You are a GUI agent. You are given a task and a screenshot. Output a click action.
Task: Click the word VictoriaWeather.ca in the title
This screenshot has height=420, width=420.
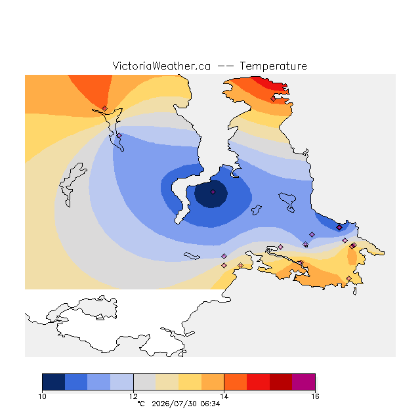click(161, 66)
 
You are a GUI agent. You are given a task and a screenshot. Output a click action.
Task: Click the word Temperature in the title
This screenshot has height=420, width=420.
click(273, 66)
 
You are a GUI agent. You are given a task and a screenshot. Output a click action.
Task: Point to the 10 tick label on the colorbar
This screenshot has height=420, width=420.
click(42, 396)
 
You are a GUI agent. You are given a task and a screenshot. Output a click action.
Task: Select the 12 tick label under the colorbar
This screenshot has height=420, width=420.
click(133, 396)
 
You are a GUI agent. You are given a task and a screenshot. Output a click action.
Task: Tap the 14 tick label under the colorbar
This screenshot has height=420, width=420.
click(224, 396)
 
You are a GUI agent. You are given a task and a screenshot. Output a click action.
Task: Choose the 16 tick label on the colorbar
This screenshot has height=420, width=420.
click(315, 396)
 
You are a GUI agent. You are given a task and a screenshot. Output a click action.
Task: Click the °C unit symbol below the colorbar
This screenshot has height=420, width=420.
click(141, 404)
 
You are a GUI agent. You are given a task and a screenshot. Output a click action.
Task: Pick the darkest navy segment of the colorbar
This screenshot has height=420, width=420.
click(54, 382)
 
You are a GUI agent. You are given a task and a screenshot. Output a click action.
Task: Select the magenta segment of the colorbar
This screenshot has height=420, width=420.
click(303, 382)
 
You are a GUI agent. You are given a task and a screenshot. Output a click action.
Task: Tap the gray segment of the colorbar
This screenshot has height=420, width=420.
click(144, 382)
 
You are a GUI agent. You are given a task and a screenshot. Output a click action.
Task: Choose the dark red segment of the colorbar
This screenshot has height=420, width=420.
click(281, 382)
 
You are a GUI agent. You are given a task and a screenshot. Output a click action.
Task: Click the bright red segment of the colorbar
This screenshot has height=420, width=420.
click(258, 382)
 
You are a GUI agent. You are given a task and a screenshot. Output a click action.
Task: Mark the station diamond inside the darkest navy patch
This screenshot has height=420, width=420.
click(213, 192)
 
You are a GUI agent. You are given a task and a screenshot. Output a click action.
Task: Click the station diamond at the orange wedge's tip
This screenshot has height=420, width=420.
click(104, 108)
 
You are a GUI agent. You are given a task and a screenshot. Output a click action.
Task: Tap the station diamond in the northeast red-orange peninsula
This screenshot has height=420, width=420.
click(273, 98)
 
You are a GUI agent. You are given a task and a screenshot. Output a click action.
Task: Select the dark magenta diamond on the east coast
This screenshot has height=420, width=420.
click(339, 228)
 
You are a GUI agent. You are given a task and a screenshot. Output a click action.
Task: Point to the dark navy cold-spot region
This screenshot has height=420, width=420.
click(211, 194)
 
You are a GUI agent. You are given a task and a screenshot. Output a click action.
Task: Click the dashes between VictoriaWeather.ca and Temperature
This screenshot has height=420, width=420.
click(225, 66)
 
